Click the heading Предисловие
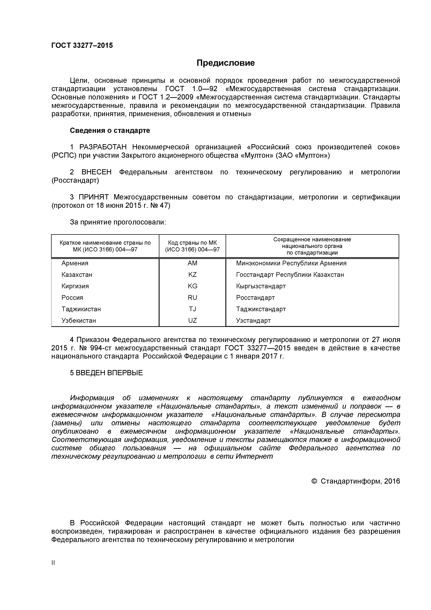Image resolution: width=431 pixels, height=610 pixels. pos(225,63)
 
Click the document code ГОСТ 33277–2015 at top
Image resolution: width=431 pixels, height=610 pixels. pos(82,45)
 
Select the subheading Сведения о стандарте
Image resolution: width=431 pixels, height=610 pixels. pos(110,130)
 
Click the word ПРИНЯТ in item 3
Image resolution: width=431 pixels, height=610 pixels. pos(94,197)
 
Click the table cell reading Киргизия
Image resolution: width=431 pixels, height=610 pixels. pos(75,286)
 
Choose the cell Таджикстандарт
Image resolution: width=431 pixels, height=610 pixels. pos(261,309)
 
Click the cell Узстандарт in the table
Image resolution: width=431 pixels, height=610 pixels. pos(253,320)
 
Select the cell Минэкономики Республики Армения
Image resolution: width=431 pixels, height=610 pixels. pos(291,263)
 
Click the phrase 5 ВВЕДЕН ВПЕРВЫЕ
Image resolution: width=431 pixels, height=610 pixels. pos(106,373)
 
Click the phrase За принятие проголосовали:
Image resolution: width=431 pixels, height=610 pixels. pos(118,222)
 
